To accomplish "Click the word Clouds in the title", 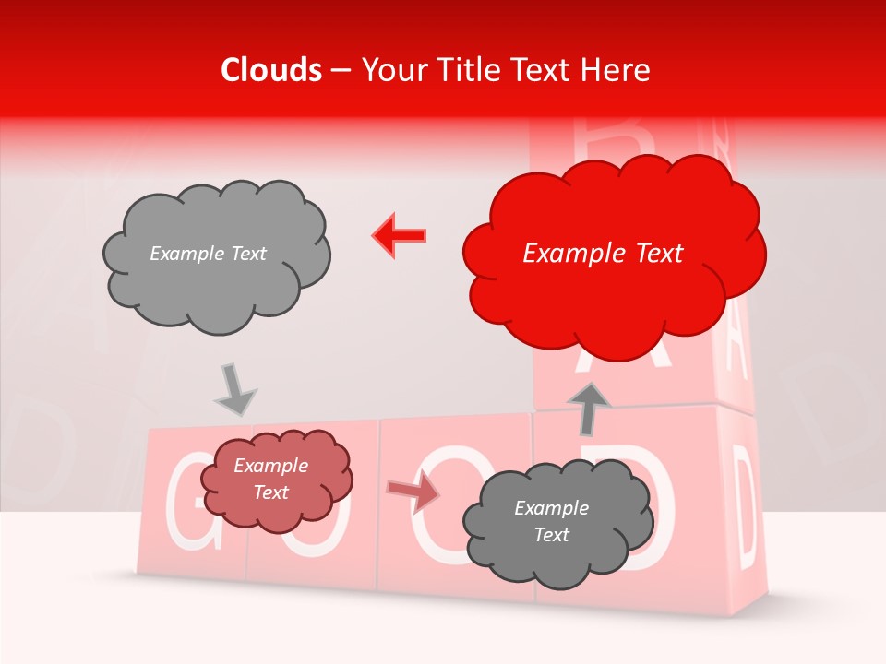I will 271,70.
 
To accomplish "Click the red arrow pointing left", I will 400,235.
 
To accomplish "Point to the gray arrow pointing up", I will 589,409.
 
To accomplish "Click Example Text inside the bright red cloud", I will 603,254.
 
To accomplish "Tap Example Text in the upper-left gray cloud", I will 208,254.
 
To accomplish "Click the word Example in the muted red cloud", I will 270,466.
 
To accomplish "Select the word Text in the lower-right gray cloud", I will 551,535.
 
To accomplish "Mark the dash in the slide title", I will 341,70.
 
